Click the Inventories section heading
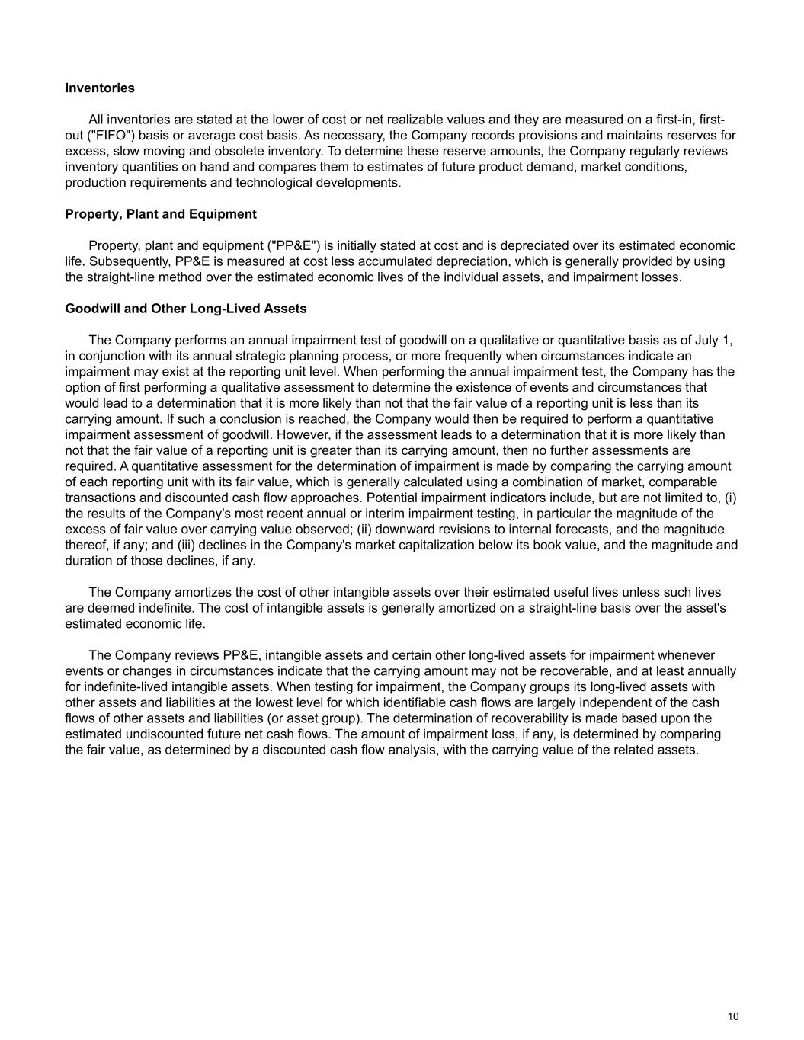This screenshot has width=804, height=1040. (100, 88)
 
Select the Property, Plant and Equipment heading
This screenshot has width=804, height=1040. (161, 214)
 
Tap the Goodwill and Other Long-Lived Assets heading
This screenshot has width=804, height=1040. (186, 309)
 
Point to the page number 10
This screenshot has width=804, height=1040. (733, 1016)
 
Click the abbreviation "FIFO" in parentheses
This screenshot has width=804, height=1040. (111, 136)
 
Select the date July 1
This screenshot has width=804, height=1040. (716, 340)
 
